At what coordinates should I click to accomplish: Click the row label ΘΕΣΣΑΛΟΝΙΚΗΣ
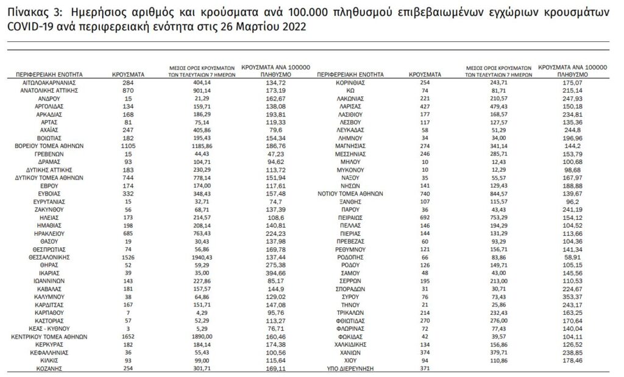48,258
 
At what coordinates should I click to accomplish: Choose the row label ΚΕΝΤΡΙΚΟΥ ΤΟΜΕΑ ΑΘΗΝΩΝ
48,337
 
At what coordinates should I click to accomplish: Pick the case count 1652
128,337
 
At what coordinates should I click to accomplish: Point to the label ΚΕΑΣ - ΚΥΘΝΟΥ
48,329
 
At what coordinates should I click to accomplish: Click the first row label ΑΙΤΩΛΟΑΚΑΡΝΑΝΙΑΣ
48,82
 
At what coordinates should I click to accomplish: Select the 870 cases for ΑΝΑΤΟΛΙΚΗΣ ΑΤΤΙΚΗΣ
128,90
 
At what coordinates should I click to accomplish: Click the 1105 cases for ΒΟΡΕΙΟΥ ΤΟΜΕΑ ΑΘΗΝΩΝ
128,147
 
